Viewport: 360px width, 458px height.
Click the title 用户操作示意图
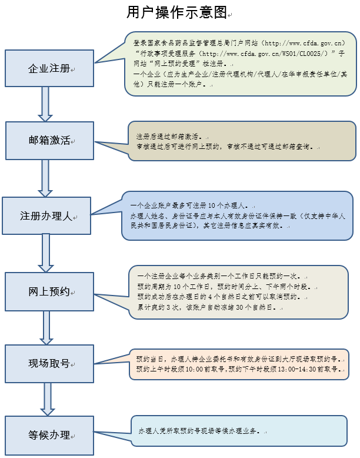(176, 12)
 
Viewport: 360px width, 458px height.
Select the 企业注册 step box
(49, 69)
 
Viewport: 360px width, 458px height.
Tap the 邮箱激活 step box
(49, 141)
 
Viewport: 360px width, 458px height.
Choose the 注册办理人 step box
(46, 215)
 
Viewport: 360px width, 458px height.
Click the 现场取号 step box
(49, 364)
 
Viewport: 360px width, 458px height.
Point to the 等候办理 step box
(49, 436)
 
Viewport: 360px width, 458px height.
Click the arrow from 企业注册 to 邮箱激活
(45, 105)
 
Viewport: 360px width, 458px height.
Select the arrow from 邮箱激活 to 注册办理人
(45, 178)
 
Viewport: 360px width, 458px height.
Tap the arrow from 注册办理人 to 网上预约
(45, 253)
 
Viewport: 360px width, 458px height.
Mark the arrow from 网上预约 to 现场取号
(45, 327)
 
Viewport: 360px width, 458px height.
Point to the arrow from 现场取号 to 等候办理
(45, 400)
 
